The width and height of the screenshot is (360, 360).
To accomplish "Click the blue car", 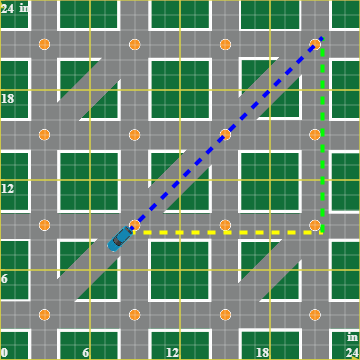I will [x=121, y=238].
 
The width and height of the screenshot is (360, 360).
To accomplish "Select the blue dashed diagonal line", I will [x=225, y=135].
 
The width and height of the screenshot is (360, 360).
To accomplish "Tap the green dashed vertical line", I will [x=321, y=135].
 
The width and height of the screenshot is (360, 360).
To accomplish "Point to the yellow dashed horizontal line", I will [x=225, y=232].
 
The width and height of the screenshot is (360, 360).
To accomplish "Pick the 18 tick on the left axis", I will [x=8, y=98].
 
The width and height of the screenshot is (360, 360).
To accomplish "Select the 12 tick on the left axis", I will [x=8, y=188].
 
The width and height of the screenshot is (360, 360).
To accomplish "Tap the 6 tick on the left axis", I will [x=5, y=278].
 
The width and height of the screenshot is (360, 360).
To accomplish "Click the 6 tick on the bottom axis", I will [x=86, y=352].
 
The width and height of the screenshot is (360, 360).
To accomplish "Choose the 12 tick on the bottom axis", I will [x=172, y=352].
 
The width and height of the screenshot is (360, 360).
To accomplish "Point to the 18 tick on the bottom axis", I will [x=262, y=352].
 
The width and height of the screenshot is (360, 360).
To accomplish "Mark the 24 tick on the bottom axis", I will [x=351, y=352].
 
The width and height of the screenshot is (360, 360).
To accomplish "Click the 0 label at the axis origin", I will [x=4, y=352].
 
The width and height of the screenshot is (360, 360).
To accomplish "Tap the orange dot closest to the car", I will [x=135, y=225].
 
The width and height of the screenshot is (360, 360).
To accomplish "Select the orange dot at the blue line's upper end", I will [x=315, y=45].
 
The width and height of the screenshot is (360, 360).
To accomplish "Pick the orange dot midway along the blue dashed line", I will [x=225, y=135].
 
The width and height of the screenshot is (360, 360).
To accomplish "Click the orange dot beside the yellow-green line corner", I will [x=315, y=225].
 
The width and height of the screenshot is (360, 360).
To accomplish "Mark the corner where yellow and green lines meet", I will [x=321, y=232].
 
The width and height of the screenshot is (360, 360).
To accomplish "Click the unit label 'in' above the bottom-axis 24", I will [x=352, y=337].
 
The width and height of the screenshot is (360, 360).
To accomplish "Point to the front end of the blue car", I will [x=130, y=230].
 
